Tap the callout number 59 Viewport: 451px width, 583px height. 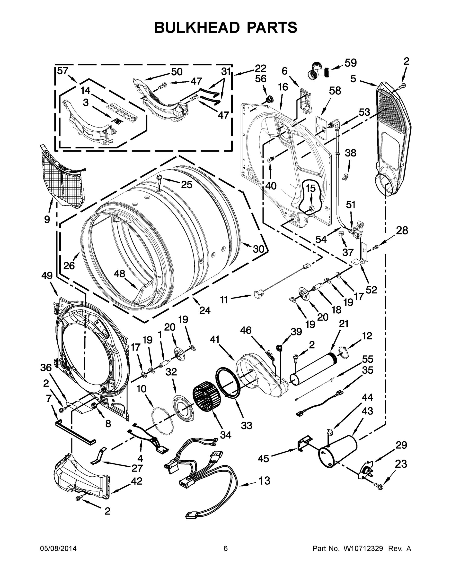pyautogui.click(x=350, y=63)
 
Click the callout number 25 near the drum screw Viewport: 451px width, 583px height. pyautogui.click(x=186, y=184)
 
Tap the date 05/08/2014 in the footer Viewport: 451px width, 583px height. pyautogui.click(x=58, y=549)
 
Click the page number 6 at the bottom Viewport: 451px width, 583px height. pyautogui.click(x=226, y=549)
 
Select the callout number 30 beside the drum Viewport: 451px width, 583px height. pyautogui.click(x=258, y=249)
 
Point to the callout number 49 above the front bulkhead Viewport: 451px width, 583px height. pyautogui.click(x=47, y=275)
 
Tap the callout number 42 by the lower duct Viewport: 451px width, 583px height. pyautogui.click(x=137, y=481)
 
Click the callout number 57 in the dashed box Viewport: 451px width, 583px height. pyautogui.click(x=63, y=71)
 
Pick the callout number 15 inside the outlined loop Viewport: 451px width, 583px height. pyautogui.click(x=310, y=188)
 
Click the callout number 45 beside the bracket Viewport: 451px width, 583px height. pyautogui.click(x=264, y=459)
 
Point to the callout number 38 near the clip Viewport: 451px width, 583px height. pyautogui.click(x=350, y=153)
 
